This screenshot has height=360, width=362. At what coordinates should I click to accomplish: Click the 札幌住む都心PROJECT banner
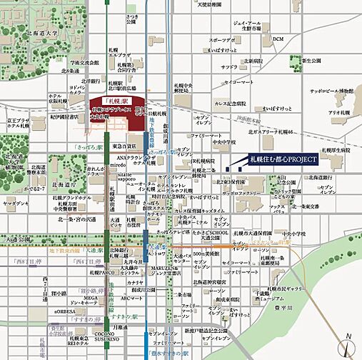point(282,158)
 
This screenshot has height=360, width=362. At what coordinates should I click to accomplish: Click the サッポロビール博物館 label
point(331,91)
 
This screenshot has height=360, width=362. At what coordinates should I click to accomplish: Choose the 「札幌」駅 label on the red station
point(114,101)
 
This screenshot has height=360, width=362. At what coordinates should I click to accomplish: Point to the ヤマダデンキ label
point(15,204)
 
